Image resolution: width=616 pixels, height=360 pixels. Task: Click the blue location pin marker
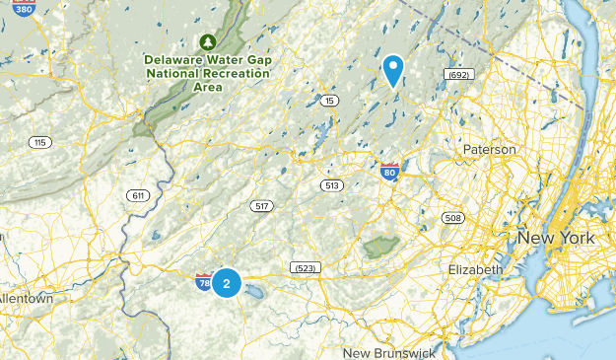(393, 70)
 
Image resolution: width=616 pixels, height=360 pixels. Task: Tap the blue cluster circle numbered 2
(227, 283)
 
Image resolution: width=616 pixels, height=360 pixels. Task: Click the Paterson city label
(489, 149)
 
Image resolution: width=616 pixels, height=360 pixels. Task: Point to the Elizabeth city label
(475, 269)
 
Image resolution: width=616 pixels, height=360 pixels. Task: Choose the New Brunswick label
(389, 352)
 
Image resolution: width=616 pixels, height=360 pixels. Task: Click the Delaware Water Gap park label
(207, 72)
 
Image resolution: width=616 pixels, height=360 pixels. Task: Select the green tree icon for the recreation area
(207, 41)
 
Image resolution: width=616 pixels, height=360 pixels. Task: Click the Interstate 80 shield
(390, 173)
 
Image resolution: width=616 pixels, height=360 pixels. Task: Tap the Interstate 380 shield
(24, 7)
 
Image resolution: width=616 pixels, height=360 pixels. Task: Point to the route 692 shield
(457, 74)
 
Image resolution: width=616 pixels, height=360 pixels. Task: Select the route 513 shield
(331, 185)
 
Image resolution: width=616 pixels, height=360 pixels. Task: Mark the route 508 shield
(452, 217)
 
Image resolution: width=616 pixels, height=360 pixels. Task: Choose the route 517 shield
(261, 205)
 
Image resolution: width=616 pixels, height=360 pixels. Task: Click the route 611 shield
(137, 195)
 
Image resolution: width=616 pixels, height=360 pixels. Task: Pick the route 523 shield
(304, 268)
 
